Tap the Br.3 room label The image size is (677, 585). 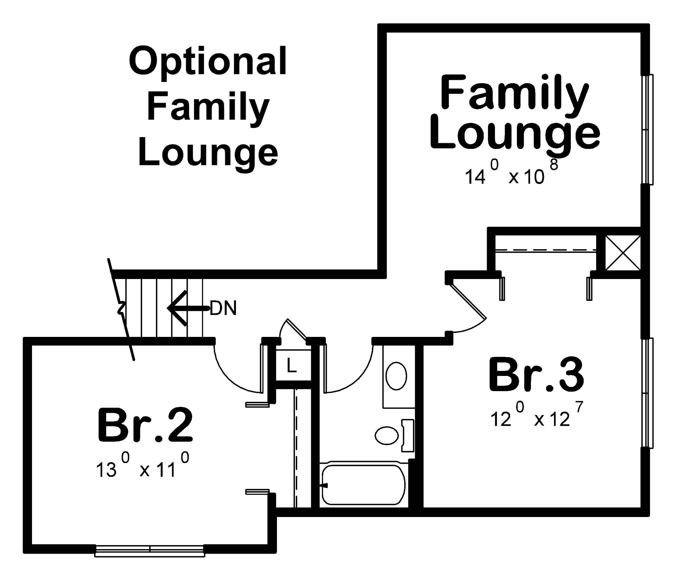(536, 376)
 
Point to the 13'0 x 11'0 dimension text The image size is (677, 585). (142, 467)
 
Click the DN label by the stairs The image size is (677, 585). (223, 308)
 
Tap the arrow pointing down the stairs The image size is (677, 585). (186, 308)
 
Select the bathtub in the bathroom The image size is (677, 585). (363, 485)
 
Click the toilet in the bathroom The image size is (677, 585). (392, 436)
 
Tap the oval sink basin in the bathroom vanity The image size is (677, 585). (396, 376)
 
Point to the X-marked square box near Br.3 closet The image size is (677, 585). (623, 253)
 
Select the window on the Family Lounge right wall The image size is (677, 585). (647, 130)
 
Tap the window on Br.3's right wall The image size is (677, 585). (647, 393)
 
